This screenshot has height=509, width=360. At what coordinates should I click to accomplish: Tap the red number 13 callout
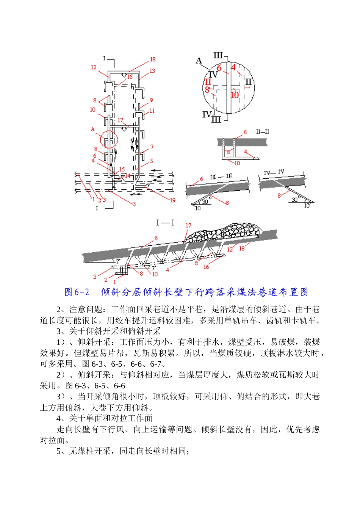point(152,71)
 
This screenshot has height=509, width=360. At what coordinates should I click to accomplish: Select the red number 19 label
point(172,200)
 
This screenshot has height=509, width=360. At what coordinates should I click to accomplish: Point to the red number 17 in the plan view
point(120,120)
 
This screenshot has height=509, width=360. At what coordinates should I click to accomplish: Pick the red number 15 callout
point(122,170)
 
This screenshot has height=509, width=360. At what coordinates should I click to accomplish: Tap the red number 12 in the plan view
point(94,67)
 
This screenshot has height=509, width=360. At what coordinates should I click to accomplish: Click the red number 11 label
point(152,111)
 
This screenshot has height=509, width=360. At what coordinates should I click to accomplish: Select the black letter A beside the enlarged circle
point(199,61)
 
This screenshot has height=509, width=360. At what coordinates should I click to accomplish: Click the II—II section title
point(263,132)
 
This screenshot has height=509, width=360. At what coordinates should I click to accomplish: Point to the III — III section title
point(221,177)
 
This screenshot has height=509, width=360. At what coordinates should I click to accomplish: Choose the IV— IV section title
point(274,173)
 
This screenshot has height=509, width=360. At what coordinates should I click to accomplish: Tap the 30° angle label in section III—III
point(205,202)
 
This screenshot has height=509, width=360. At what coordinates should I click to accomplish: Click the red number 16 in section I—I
point(206,267)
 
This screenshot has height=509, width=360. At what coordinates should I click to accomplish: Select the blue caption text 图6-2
point(77,292)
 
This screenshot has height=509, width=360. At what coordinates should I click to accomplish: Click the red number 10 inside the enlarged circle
point(235,95)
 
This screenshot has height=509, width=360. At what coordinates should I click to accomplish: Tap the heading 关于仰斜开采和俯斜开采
point(114,331)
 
